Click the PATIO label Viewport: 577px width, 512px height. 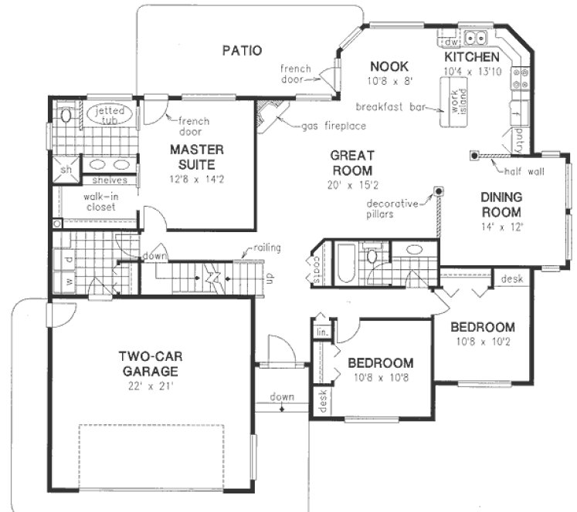coord(242,51)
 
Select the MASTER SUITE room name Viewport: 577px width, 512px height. coord(197,157)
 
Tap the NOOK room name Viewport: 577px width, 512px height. coord(388,66)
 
